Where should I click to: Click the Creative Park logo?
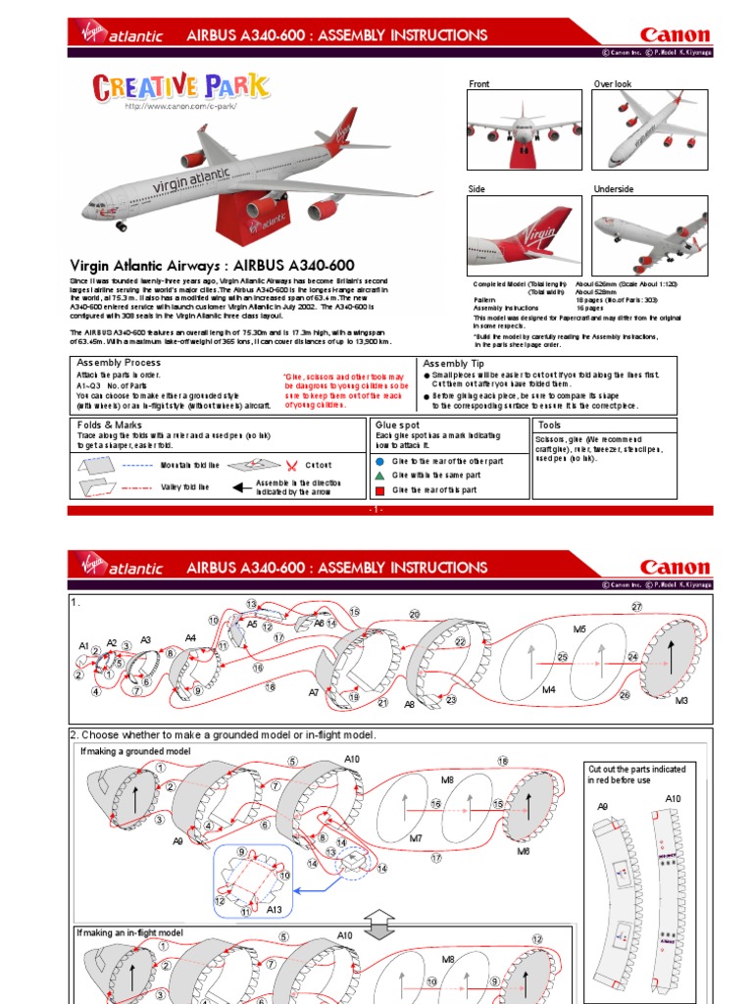pyautogui.click(x=180, y=87)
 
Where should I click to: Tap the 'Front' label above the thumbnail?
pyautogui.click(x=478, y=84)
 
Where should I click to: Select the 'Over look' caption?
pyautogui.click(x=613, y=84)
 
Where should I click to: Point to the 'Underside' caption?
pyautogui.click(x=614, y=189)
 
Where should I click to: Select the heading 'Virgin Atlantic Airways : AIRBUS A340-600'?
pyautogui.click(x=212, y=266)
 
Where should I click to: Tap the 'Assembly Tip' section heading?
pyautogui.click(x=453, y=362)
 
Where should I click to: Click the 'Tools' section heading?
pyautogui.click(x=549, y=425)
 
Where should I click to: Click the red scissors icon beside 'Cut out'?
pyautogui.click(x=292, y=465)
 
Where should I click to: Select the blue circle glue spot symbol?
pyautogui.click(x=379, y=459)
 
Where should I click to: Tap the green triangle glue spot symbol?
pyautogui.click(x=379, y=475)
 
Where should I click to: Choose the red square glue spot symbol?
pyautogui.click(x=379, y=489)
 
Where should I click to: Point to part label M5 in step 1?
pyautogui.click(x=578, y=628)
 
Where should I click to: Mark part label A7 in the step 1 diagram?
pyautogui.click(x=314, y=692)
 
